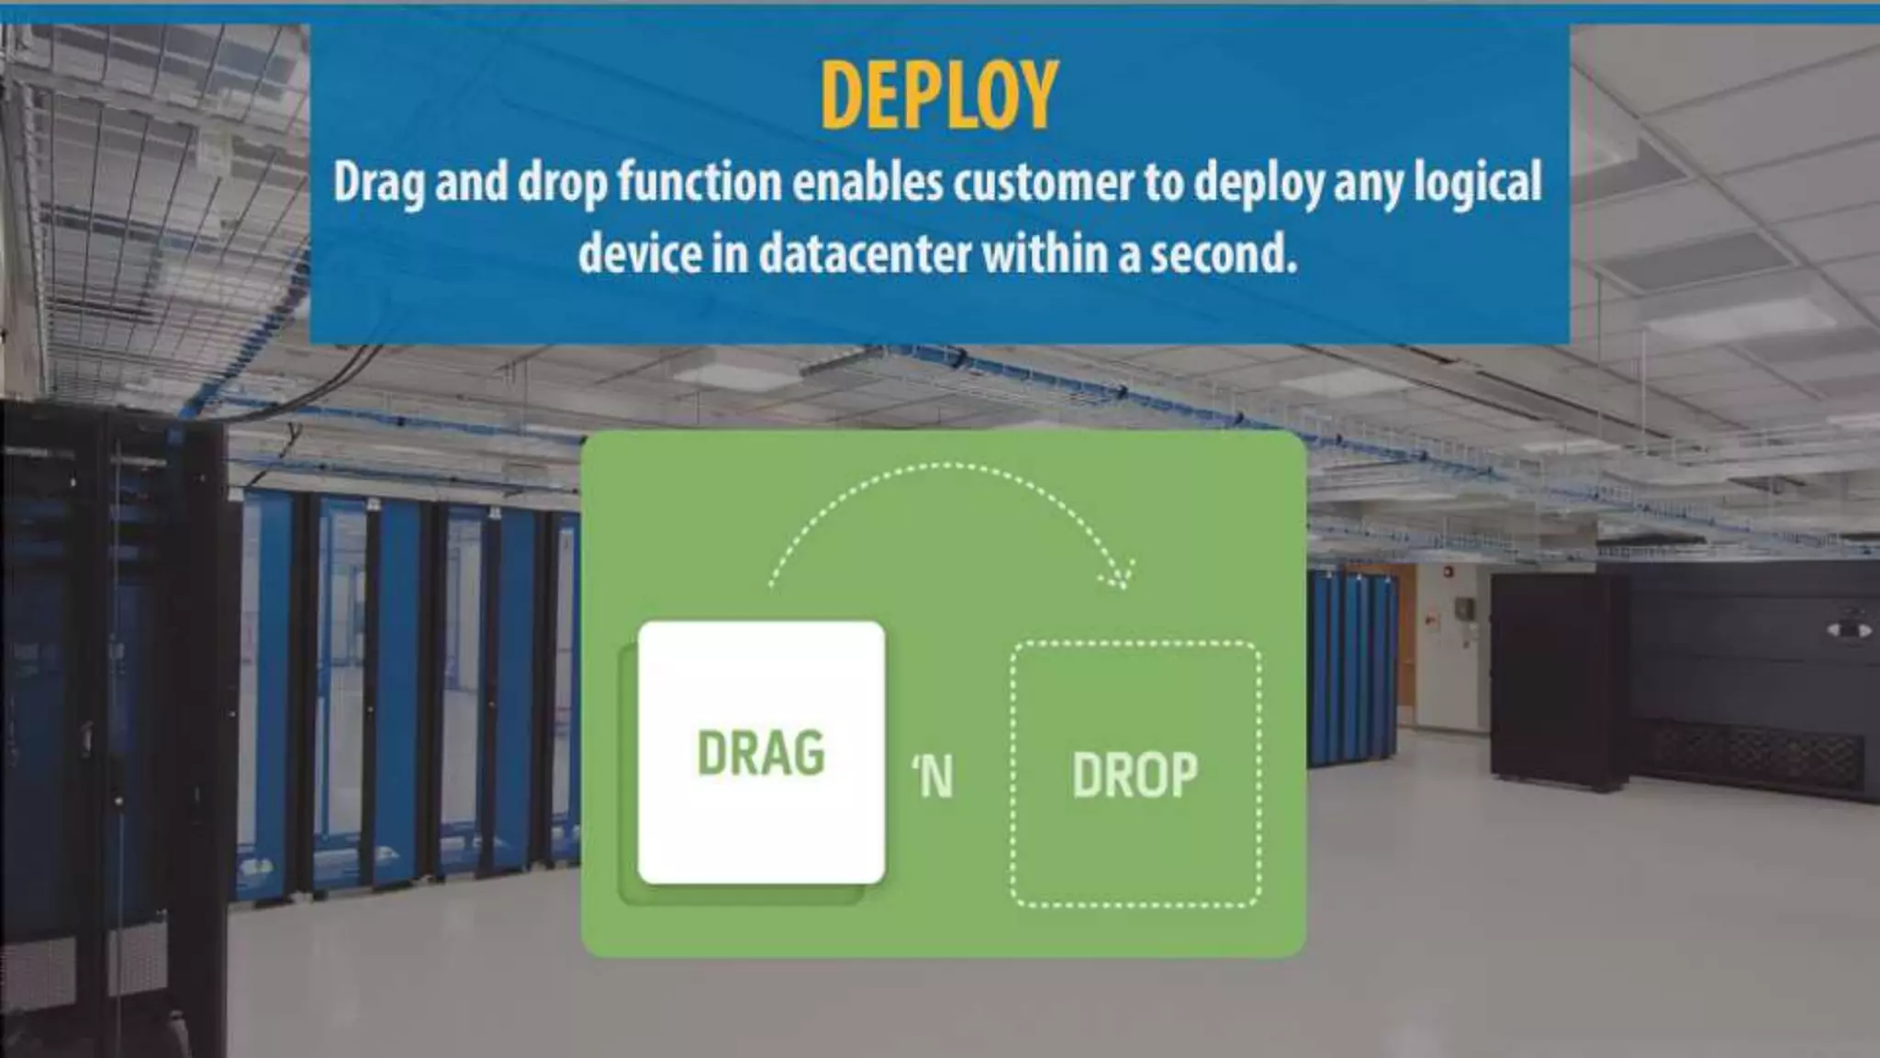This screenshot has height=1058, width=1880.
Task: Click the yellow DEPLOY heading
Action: point(939,95)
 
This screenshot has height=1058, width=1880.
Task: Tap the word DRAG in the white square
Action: point(761,754)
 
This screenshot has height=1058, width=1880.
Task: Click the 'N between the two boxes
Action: point(933,777)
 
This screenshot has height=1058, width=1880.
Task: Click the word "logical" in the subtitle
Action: point(1477,183)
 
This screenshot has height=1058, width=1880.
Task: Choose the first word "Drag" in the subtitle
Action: point(378,183)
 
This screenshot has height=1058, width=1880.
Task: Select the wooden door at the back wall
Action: point(1404,643)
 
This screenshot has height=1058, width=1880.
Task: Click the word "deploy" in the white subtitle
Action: point(1258,183)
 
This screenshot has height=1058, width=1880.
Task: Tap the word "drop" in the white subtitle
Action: point(562,183)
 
